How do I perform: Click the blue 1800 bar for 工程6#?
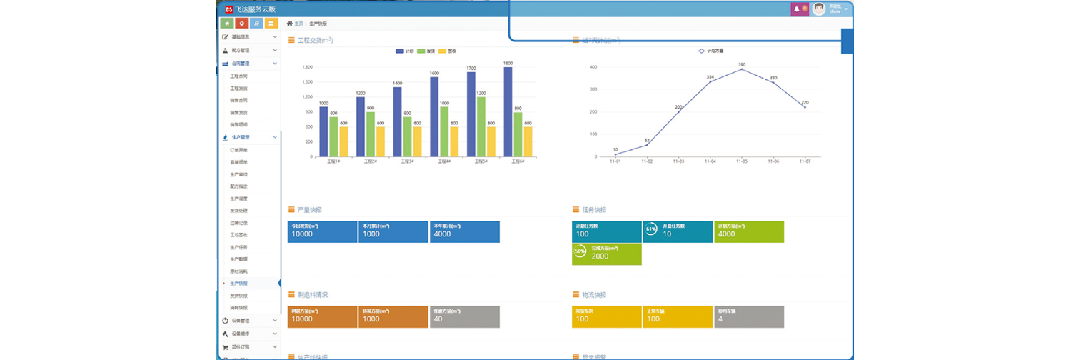[x=508, y=111]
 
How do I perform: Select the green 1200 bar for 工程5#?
[x=481, y=126]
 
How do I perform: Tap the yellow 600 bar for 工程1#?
[x=343, y=141]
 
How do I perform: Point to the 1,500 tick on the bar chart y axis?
[x=308, y=82]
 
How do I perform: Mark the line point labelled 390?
[x=742, y=69]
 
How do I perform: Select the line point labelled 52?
[x=647, y=145]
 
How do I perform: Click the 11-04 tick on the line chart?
[x=710, y=162]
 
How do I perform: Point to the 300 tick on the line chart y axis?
[x=593, y=89]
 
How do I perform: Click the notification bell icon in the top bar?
[x=797, y=9]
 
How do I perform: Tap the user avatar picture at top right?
[x=819, y=9]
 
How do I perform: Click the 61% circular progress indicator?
[x=650, y=229]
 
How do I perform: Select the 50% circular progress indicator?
[x=580, y=251]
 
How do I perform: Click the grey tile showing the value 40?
[x=464, y=316]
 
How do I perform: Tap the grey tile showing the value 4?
[x=749, y=316]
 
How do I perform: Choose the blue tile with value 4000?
[x=464, y=231]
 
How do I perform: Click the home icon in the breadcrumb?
[x=289, y=24]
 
